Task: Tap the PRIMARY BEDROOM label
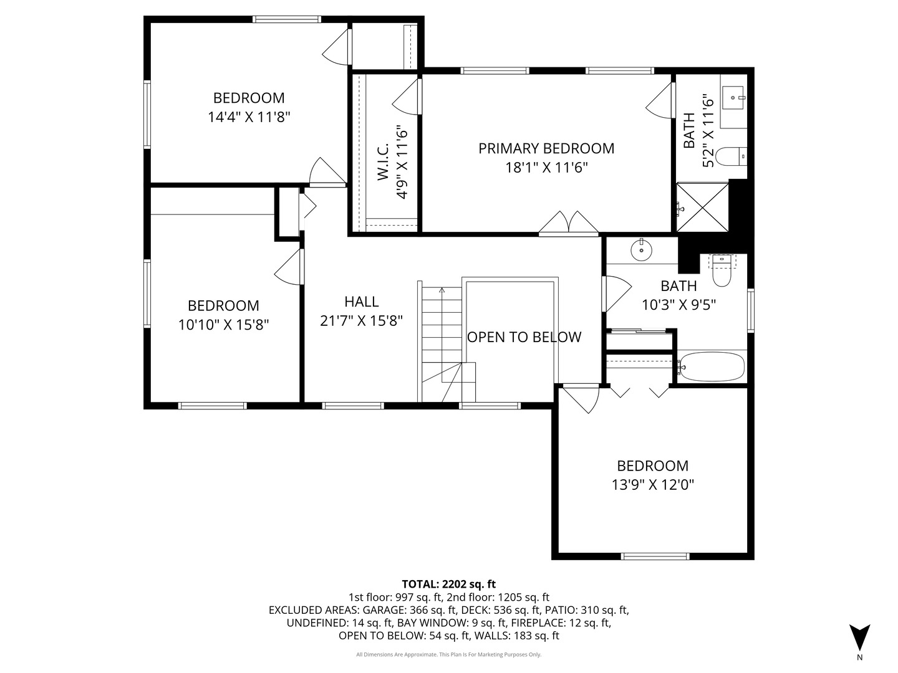click(x=546, y=148)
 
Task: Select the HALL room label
click(x=361, y=302)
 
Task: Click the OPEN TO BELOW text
click(x=524, y=337)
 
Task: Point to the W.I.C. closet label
click(x=382, y=161)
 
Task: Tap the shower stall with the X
click(x=702, y=208)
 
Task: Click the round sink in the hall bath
click(x=641, y=249)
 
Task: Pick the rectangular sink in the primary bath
click(x=733, y=98)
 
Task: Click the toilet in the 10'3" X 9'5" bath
click(x=722, y=270)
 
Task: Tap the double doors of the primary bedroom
click(x=568, y=224)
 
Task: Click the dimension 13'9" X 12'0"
click(x=652, y=485)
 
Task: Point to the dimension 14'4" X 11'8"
click(x=249, y=117)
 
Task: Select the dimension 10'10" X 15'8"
click(x=223, y=325)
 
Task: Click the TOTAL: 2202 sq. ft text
click(x=449, y=584)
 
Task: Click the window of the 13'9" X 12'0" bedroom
click(x=655, y=556)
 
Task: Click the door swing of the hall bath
click(x=617, y=294)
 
